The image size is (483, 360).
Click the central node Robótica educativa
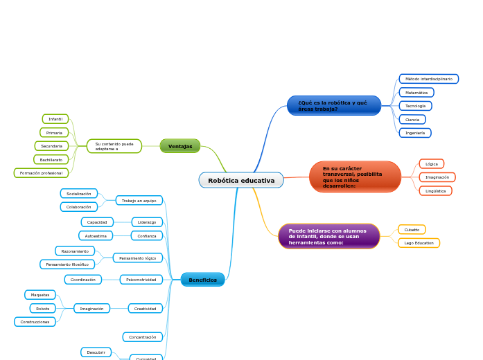point(241,181)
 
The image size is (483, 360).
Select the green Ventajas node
point(180,146)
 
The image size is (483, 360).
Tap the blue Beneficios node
point(202,280)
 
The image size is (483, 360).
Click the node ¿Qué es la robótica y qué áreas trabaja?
point(333,106)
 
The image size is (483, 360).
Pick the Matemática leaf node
point(416,92)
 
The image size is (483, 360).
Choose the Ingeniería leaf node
point(415,132)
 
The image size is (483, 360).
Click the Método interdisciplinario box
point(428,79)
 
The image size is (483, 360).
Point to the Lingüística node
point(435,190)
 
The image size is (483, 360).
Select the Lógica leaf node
point(431,164)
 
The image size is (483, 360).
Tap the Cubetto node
point(412,229)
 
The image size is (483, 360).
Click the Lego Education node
point(419,243)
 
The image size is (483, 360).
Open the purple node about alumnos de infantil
point(328,236)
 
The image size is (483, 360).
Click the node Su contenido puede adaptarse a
point(114,146)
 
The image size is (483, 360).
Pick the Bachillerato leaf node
point(51,159)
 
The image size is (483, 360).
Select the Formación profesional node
point(41,173)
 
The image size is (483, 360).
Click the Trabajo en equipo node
point(139,200)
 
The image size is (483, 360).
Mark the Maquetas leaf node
point(39,295)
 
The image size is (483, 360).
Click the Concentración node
point(143,337)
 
